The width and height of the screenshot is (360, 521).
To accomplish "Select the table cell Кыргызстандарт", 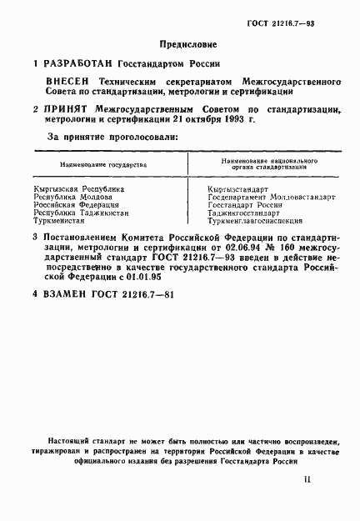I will [x=240, y=190].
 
